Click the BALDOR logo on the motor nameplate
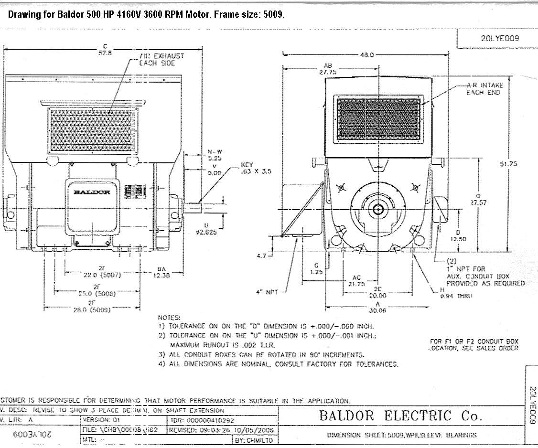click(x=92, y=192)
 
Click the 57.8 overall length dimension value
click(x=105, y=53)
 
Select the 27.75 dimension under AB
click(x=328, y=72)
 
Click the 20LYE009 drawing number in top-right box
click(x=500, y=38)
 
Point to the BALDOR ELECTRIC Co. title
click(x=400, y=416)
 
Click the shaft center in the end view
click(x=378, y=209)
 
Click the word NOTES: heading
click(x=169, y=317)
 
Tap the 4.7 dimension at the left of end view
click(x=261, y=256)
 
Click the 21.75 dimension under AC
click(x=356, y=284)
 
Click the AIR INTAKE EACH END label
click(x=484, y=89)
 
